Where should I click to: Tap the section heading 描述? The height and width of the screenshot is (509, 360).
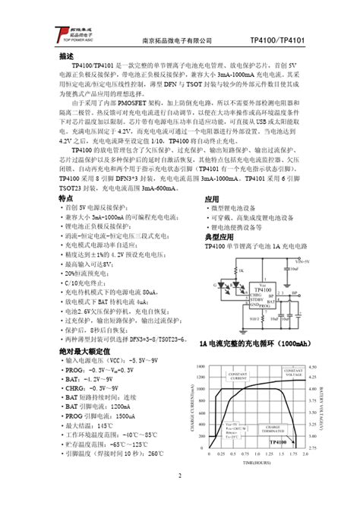pyautogui.click(x=66, y=57)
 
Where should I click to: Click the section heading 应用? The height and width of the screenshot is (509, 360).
pyautogui.click(x=212, y=198)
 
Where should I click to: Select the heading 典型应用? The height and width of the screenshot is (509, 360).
pyautogui.click(x=217, y=238)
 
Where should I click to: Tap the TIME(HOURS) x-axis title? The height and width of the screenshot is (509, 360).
pyautogui.click(x=258, y=462)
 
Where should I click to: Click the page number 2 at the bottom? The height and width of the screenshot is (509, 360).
pyautogui.click(x=180, y=476)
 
